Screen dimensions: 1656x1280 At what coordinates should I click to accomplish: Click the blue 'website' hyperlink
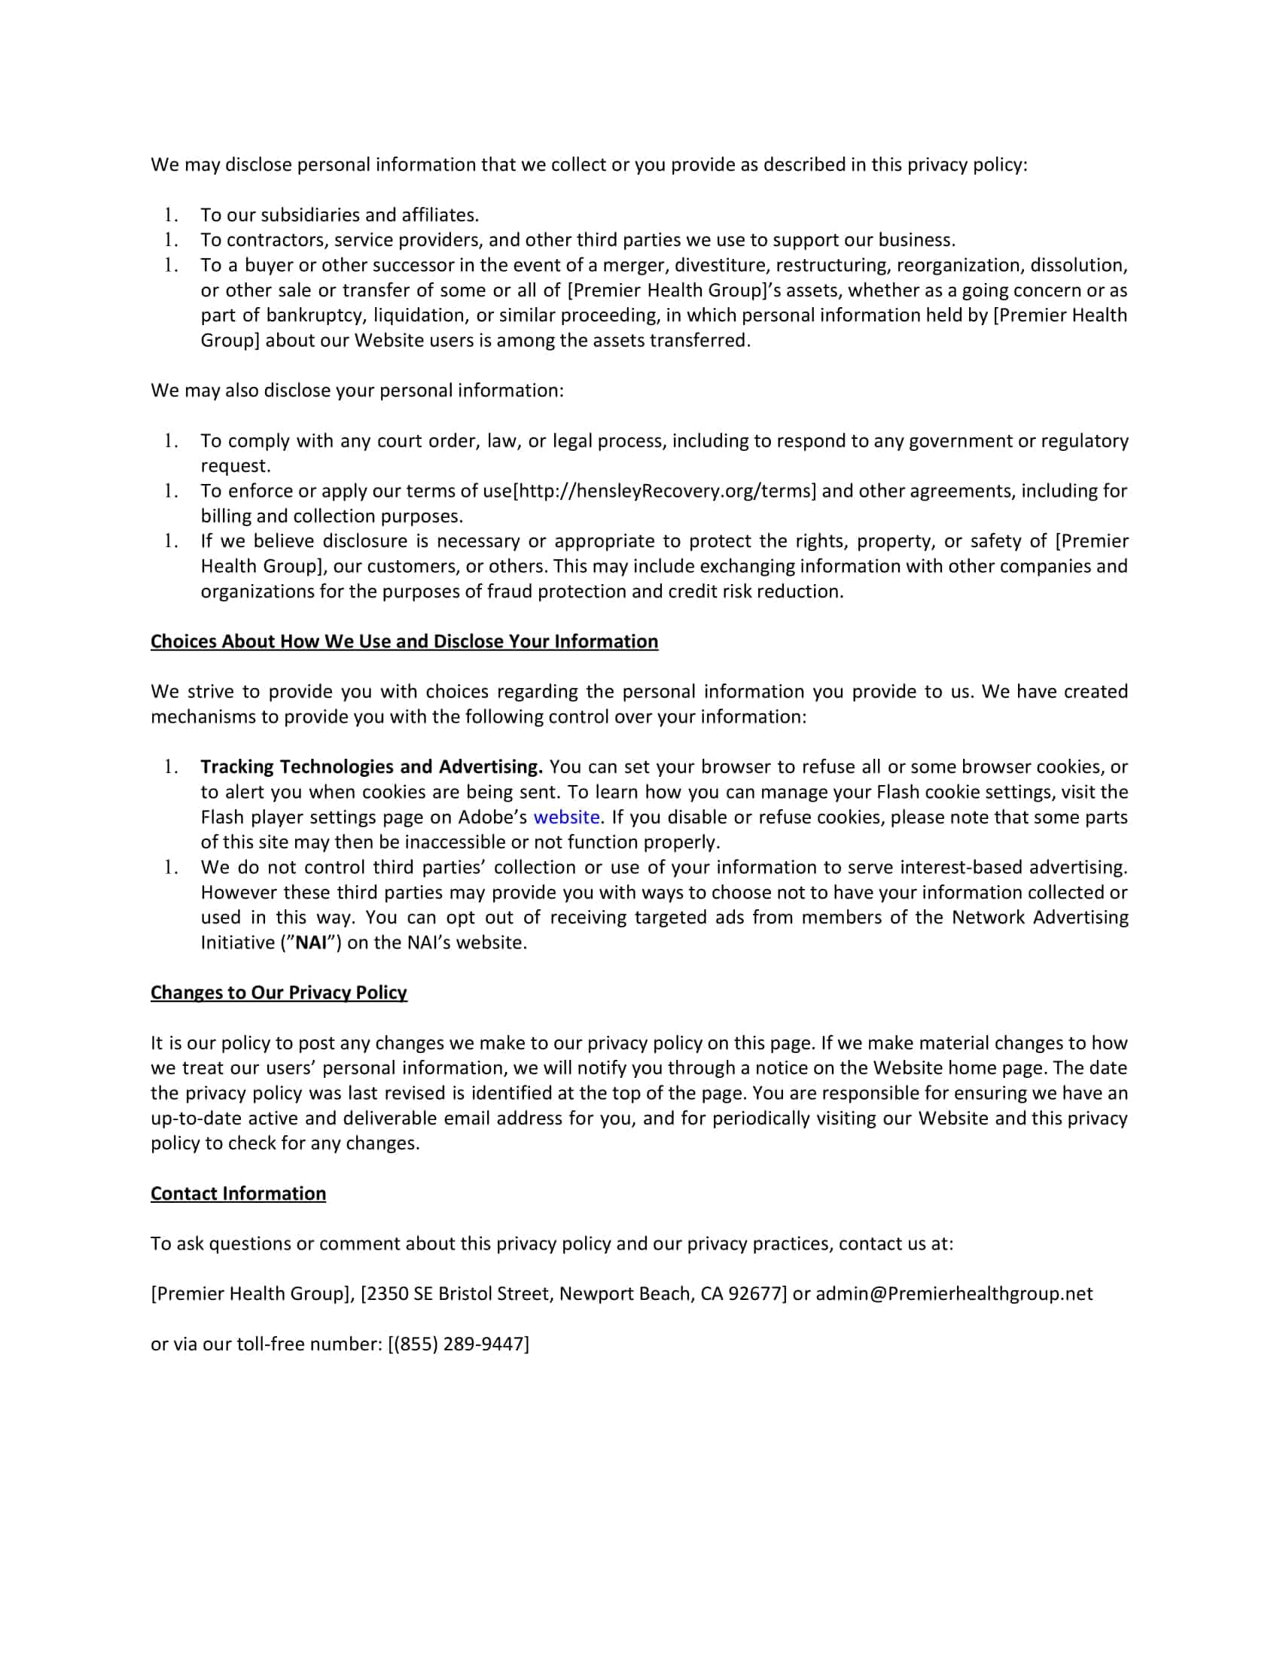pyautogui.click(x=566, y=817)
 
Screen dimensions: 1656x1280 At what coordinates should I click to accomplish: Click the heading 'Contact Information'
pyautogui.click(x=238, y=1194)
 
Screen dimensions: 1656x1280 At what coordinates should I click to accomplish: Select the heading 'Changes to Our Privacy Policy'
pyautogui.click(x=279, y=993)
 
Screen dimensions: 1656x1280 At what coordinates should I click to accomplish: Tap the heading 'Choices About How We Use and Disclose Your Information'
pyautogui.click(x=404, y=641)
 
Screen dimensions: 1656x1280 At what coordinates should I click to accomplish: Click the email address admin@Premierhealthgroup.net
pyautogui.click(x=954, y=1293)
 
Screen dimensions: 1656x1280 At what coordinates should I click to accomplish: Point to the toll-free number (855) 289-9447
pyautogui.click(x=458, y=1344)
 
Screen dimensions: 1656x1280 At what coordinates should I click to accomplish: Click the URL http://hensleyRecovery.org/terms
pyautogui.click(x=665, y=492)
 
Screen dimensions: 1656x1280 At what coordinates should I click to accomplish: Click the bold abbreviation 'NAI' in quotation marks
pyautogui.click(x=311, y=942)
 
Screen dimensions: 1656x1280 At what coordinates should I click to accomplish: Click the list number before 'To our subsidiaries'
pyautogui.click(x=171, y=215)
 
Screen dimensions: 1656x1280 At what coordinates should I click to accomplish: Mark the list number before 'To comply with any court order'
pyautogui.click(x=171, y=441)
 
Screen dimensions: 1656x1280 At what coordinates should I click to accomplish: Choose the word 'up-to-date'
pyautogui.click(x=197, y=1119)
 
